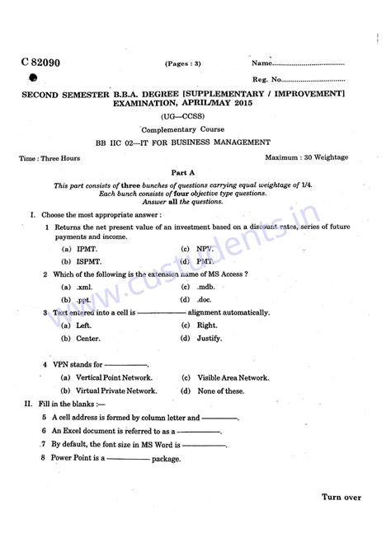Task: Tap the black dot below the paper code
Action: [33, 78]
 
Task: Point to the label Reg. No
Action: [266, 80]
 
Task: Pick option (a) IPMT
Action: [79, 248]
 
